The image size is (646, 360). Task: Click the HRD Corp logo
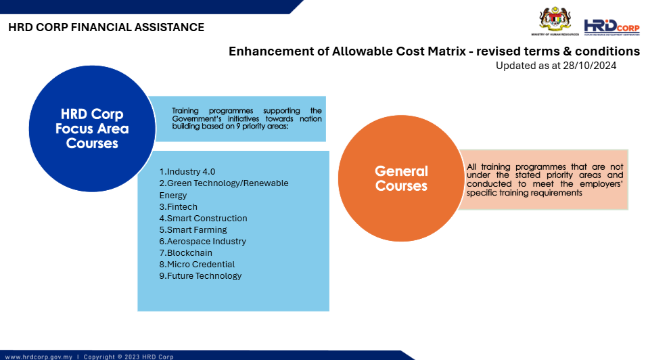[612, 27]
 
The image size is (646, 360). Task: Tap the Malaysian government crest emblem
[555, 20]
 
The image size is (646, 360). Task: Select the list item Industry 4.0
[187, 172]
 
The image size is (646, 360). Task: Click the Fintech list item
[179, 206]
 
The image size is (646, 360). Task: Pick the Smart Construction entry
[203, 218]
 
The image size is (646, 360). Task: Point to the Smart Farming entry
[193, 229]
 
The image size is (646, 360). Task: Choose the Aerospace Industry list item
[203, 241]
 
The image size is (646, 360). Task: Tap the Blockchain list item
[186, 253]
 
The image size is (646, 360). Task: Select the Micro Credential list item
[197, 265]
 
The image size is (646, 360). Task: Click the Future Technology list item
[200, 276]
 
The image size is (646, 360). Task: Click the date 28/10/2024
[590, 66]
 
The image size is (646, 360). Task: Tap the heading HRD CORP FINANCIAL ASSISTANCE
[106, 27]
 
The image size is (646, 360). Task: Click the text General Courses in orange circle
[401, 178]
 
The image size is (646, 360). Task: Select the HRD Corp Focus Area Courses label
[92, 129]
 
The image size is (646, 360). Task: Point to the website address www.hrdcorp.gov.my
[39, 357]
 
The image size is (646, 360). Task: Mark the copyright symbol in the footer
[120, 357]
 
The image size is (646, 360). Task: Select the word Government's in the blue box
[197, 119]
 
